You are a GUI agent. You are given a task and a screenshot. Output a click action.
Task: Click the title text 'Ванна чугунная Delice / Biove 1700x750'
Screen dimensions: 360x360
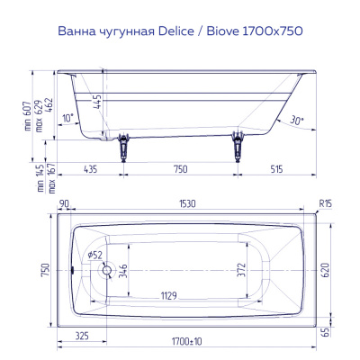[x=179, y=31]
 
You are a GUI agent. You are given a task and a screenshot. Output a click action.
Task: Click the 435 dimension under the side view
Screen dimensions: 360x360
[x=90, y=169]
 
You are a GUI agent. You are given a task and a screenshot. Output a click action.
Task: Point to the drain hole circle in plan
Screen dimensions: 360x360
[x=106, y=269]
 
